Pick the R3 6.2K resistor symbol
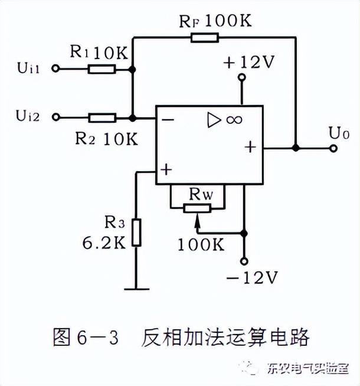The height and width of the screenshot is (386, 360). tap(137, 233)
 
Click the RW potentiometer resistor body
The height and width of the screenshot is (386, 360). tap(197, 208)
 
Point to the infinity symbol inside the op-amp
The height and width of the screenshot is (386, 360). tap(234, 120)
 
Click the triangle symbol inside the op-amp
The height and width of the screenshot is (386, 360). tap(212, 120)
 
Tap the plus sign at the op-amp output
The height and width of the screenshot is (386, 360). tap(250, 147)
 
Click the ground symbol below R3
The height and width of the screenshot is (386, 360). tap(137, 289)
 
